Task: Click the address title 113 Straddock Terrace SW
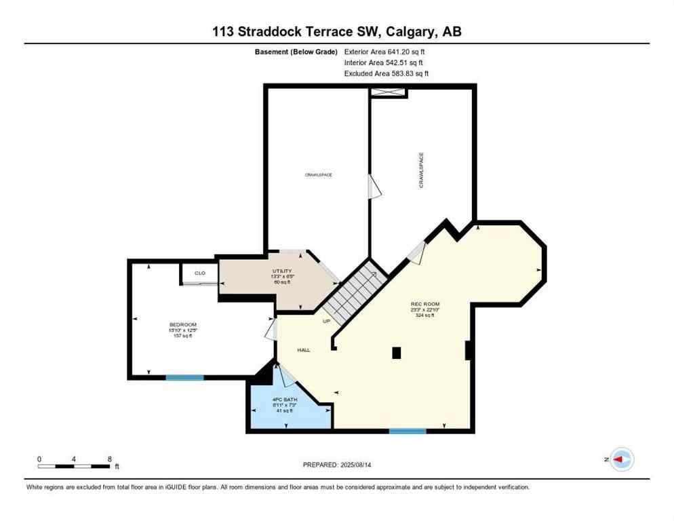click(336, 32)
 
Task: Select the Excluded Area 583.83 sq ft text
click(386, 73)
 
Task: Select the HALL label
click(303, 350)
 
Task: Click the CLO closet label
click(200, 273)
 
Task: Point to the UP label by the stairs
click(326, 321)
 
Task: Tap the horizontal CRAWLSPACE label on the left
click(317, 175)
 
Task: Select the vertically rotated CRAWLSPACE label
click(421, 170)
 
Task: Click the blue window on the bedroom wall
click(184, 377)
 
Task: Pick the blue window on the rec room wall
click(407, 431)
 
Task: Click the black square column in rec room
click(396, 352)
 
